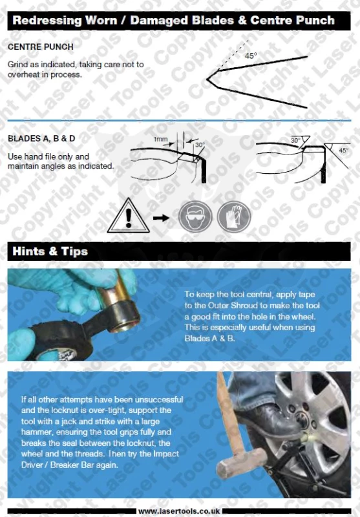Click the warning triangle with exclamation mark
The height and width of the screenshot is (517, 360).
click(x=128, y=216)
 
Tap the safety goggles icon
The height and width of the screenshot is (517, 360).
click(x=195, y=216)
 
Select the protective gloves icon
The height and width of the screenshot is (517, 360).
click(x=234, y=216)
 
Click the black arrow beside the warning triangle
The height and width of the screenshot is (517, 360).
click(x=161, y=218)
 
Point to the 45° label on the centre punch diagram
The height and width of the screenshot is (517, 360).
click(x=251, y=56)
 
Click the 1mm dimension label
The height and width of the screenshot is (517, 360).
click(x=160, y=140)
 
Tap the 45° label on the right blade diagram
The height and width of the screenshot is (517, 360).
click(x=343, y=151)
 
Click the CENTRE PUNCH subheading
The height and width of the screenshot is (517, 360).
click(x=41, y=47)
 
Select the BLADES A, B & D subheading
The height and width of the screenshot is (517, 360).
click(x=41, y=138)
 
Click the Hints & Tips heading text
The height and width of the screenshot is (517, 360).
click(x=50, y=251)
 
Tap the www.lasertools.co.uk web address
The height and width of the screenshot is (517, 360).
click(x=179, y=511)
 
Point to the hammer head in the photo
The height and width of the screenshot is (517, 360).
click(x=241, y=460)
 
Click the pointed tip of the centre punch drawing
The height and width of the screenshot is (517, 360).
click(x=207, y=79)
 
